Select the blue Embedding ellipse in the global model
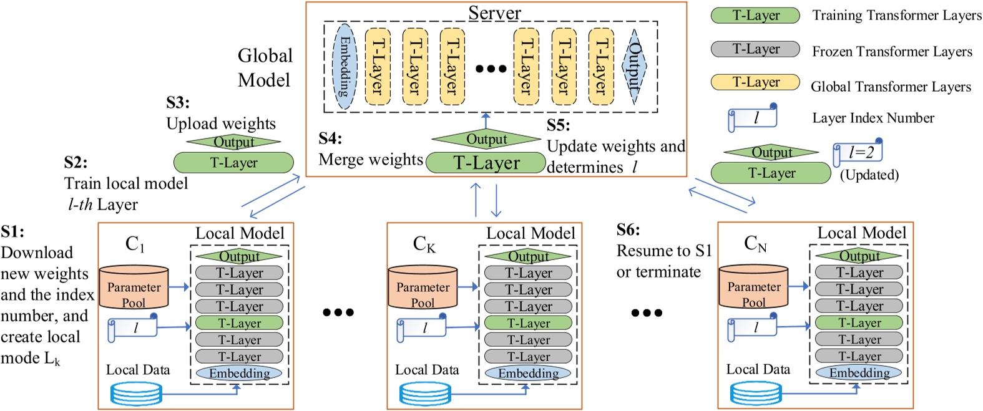pyautogui.click(x=345, y=67)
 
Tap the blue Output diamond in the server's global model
pyautogui.click(x=634, y=66)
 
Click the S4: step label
pyautogui.click(x=330, y=138)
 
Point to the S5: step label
pyautogui.click(x=559, y=125)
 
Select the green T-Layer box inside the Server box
pyautogui.click(x=486, y=163)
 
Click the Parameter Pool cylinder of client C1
pyautogui.click(x=134, y=288)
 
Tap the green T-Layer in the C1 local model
pyautogui.click(x=239, y=323)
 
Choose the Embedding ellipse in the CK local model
pyautogui.click(x=528, y=373)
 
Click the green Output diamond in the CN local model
pyautogui.click(x=859, y=256)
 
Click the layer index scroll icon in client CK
pyautogui.click(x=422, y=328)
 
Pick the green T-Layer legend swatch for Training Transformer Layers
pyautogui.click(x=755, y=16)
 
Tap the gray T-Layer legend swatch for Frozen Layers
pyautogui.click(x=755, y=49)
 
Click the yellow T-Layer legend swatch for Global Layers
pyautogui.click(x=755, y=82)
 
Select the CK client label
pyautogui.click(x=424, y=244)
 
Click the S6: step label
pyautogui.click(x=628, y=230)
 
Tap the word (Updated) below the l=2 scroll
pyautogui.click(x=869, y=175)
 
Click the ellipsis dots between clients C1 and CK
pyautogui.click(x=338, y=312)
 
